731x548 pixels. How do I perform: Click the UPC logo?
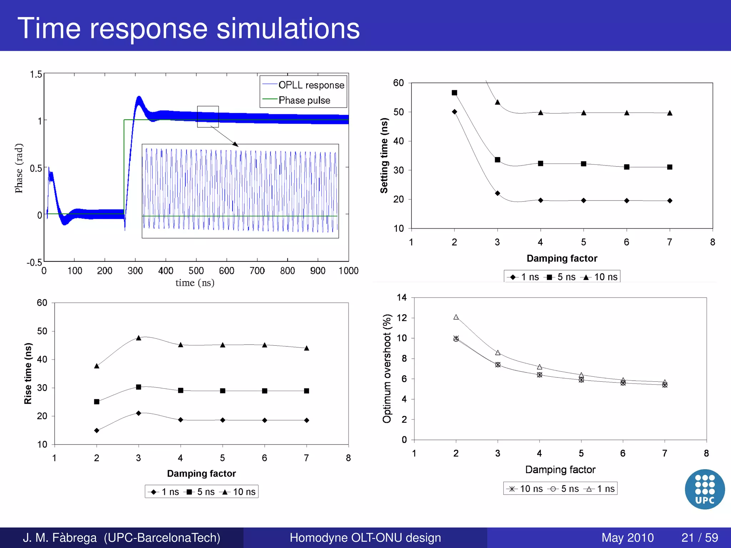point(705,489)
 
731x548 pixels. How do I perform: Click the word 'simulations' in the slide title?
point(288,29)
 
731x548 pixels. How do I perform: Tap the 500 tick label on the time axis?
point(196,271)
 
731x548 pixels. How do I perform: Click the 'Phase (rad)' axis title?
point(19,168)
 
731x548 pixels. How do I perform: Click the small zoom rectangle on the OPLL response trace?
point(208,116)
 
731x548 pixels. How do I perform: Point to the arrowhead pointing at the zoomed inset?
point(235,144)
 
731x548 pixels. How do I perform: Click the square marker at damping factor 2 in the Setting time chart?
point(454,93)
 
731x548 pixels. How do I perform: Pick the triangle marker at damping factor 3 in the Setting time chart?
point(498,102)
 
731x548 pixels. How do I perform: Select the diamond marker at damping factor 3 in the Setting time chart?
point(498,193)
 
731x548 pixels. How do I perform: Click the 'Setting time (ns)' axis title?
point(384,156)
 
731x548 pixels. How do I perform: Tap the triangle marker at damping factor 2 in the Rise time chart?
point(97,366)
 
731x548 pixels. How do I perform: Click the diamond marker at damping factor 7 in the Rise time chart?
point(307,420)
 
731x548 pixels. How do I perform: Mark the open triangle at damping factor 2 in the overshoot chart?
point(456,317)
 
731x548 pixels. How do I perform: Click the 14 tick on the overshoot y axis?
point(402,298)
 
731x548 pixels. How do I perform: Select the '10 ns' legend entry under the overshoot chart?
point(526,489)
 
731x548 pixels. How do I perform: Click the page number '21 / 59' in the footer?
point(700,537)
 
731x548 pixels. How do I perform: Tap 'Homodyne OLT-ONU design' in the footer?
point(365,537)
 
